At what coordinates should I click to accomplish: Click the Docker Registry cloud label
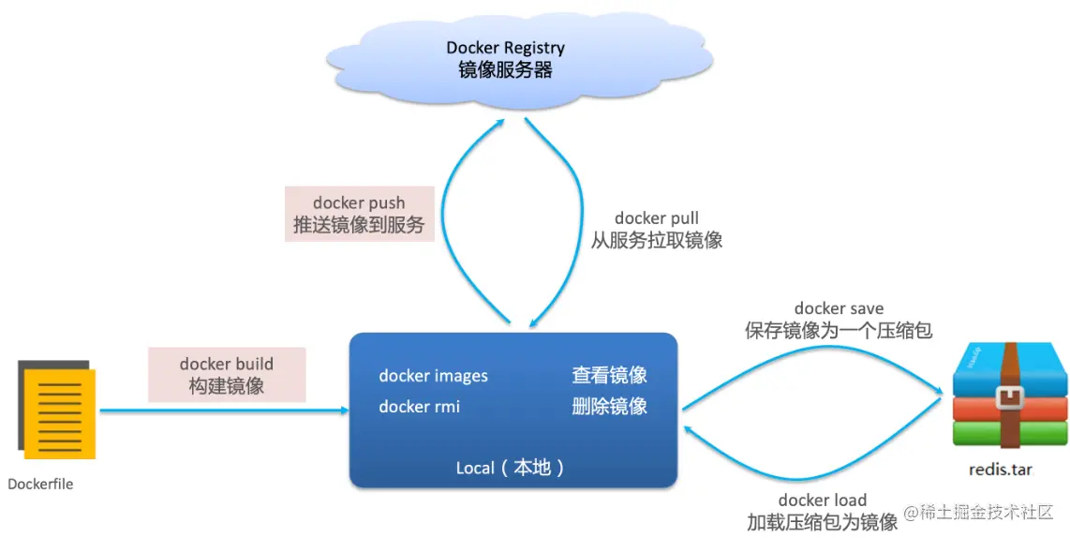pos(505,48)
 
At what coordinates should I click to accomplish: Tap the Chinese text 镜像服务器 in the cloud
pos(505,69)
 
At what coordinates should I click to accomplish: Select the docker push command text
pos(359,202)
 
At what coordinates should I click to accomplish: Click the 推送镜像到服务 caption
pos(359,225)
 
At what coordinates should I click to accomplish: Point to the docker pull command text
pos(656,218)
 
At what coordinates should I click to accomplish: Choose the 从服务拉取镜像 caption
pos(656,241)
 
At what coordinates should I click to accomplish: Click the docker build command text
pos(227,364)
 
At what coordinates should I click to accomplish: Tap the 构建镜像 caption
pos(227,386)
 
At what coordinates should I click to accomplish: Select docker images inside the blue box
pos(433,376)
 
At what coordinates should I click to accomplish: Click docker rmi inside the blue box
pos(419,407)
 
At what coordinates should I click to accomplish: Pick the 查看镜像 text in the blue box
pos(609,376)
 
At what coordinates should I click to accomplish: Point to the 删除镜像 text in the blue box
pos(609,407)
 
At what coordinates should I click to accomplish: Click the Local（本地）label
pos(511,468)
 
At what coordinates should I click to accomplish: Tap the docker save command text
pos(839,308)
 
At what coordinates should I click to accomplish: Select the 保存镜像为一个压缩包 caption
pos(839,331)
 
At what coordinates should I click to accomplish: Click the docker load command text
pos(822,501)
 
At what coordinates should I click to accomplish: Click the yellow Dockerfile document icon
pos(58,412)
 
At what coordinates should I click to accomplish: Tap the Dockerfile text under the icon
pos(40,485)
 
